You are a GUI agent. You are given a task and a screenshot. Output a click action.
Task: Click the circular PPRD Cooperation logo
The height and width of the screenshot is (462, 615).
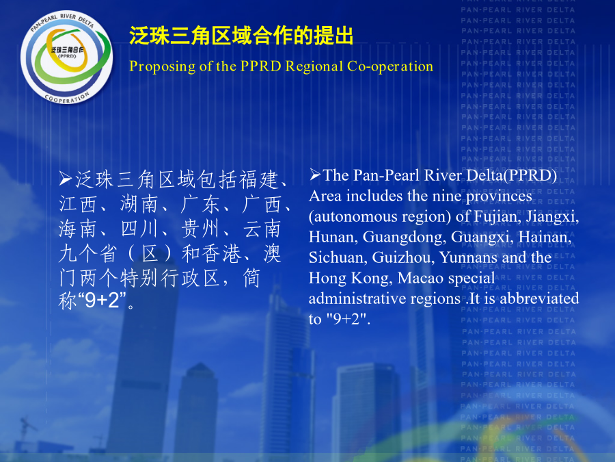pyautogui.click(x=67, y=57)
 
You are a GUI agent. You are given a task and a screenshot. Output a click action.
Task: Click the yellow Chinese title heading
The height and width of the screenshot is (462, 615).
pyautogui.click(x=241, y=36)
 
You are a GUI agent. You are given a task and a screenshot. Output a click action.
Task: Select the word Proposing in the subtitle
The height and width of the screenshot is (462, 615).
pyautogui.click(x=163, y=67)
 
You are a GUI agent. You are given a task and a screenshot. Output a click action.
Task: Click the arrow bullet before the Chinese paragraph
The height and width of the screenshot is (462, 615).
pyautogui.click(x=66, y=179)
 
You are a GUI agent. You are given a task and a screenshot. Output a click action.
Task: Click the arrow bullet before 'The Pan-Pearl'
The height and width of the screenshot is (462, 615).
pyautogui.click(x=315, y=175)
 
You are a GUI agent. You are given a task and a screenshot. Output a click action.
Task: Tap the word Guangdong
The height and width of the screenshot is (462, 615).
pyautogui.click(x=405, y=238)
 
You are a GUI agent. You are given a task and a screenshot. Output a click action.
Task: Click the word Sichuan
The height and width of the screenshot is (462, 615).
pyautogui.click(x=338, y=258)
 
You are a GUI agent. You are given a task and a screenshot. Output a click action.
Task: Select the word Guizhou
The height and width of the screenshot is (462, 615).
pyautogui.click(x=404, y=258)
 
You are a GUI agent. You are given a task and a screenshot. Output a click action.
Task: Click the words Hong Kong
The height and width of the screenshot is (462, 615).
pyautogui.click(x=351, y=279)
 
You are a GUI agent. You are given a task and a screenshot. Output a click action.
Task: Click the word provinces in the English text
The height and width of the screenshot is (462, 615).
pyautogui.click(x=499, y=196)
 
